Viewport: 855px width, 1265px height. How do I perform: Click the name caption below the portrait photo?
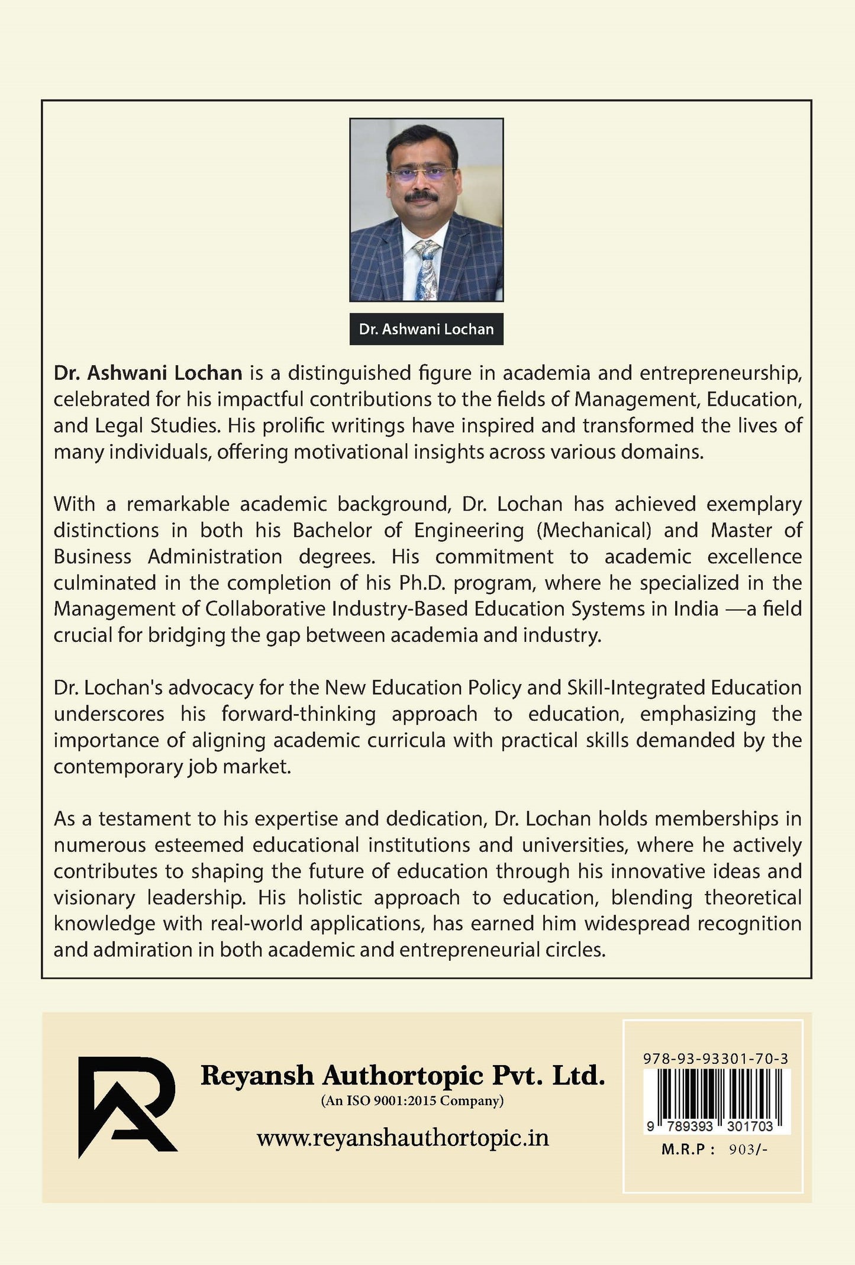pyautogui.click(x=426, y=329)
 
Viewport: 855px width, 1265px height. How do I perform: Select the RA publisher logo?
pyautogui.click(x=127, y=1106)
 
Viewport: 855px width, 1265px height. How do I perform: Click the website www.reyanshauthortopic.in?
pyautogui.click(x=402, y=1138)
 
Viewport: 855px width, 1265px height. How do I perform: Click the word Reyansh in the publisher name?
pyautogui.click(x=257, y=1075)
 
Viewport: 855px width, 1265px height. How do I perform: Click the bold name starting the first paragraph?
pyautogui.click(x=148, y=373)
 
